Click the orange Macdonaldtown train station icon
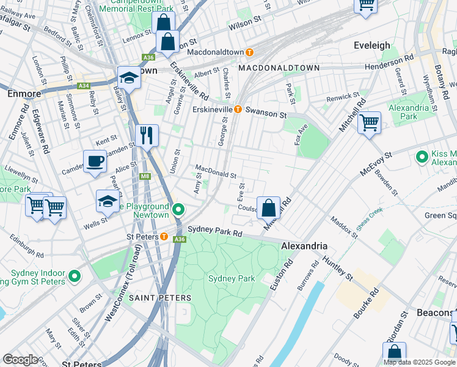249,52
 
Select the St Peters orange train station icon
164,236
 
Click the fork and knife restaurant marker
146,135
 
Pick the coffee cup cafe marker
95,161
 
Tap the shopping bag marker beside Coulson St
268,208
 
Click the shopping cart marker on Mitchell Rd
369,123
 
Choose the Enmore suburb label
23,94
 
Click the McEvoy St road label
375,165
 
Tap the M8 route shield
145,177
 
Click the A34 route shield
84,86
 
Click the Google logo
20,360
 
